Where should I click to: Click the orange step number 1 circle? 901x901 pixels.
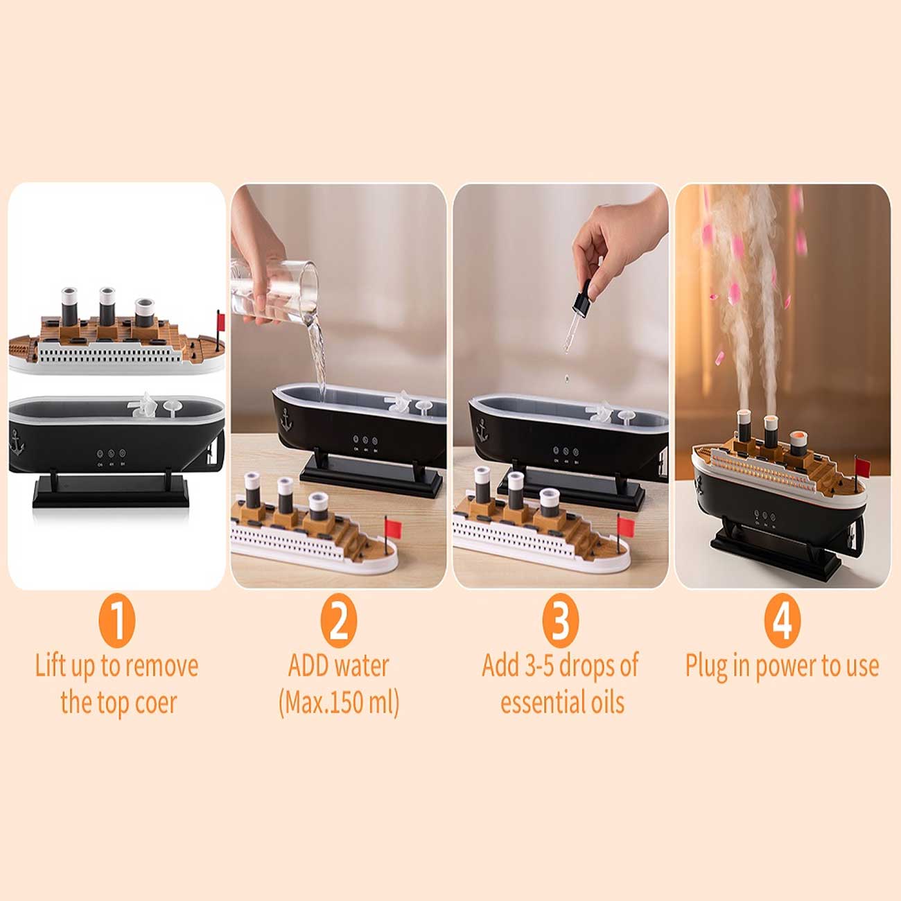click(x=117, y=621)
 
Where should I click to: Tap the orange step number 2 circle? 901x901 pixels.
click(x=338, y=621)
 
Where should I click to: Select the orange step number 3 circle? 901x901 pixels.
click(x=561, y=621)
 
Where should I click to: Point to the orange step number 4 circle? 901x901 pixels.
click(x=782, y=621)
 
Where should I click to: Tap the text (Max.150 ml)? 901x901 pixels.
click(x=339, y=703)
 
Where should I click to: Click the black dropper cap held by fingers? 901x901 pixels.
click(x=582, y=297)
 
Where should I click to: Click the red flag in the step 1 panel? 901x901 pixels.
click(x=221, y=321)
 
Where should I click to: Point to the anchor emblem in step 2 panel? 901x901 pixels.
click(x=286, y=419)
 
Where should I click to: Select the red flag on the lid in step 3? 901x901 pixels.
click(x=626, y=527)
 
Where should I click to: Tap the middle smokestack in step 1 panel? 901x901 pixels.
click(x=107, y=307)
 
